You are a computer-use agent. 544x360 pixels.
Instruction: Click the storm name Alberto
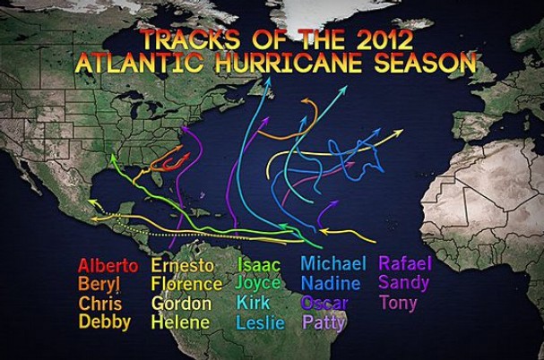coord(108,266)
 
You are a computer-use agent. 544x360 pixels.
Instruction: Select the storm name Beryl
coord(96,285)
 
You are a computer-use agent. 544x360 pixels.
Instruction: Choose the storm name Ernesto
coord(182,266)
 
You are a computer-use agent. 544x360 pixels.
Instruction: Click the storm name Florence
coord(186,285)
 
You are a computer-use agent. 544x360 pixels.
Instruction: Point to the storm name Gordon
coord(181,304)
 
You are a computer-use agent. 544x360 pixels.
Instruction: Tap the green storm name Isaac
coord(259,265)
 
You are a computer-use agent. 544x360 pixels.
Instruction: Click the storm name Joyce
coord(259,284)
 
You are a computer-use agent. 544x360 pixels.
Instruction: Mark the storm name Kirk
coord(254,303)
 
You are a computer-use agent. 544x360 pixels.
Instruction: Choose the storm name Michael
coord(333,264)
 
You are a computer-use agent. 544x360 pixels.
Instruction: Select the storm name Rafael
coord(405,264)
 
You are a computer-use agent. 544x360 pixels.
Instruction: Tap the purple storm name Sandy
coord(403,283)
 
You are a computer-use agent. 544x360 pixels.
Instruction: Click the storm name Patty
coord(324,322)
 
